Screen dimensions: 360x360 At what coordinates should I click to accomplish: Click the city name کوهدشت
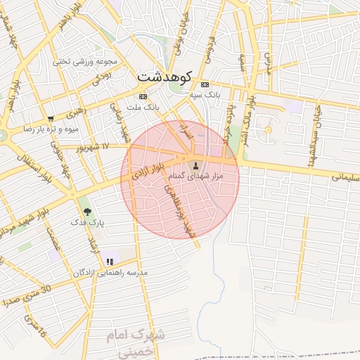(x=166, y=75)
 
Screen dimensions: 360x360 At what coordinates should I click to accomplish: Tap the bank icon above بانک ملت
(x=143, y=97)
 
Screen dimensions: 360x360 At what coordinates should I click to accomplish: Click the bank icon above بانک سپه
(x=205, y=84)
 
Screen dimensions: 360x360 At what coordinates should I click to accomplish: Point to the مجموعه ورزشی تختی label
(x=84, y=61)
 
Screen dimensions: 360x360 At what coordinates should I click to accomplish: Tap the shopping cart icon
(x=50, y=119)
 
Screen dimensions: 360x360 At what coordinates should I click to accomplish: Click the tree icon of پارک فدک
(x=86, y=211)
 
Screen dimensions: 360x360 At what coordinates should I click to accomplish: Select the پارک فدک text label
(x=86, y=222)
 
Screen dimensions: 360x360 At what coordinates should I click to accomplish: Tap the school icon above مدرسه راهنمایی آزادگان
(x=110, y=262)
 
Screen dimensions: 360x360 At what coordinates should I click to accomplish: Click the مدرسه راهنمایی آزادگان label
(x=110, y=272)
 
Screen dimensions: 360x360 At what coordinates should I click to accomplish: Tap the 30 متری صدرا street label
(x=28, y=296)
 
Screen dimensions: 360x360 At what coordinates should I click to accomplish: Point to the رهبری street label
(x=76, y=112)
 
